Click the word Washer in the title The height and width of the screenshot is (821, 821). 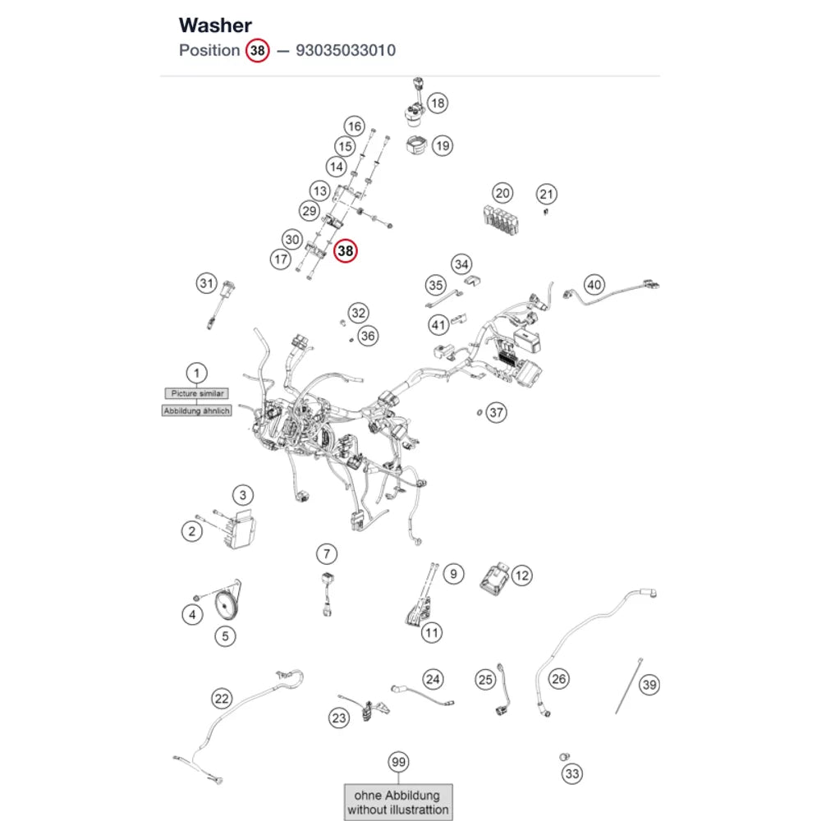click(x=215, y=25)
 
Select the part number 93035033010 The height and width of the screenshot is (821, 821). click(x=346, y=50)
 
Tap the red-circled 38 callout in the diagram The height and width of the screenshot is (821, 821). click(x=346, y=250)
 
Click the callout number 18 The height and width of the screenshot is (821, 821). click(x=438, y=103)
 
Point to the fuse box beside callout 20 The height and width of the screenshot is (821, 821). click(x=501, y=220)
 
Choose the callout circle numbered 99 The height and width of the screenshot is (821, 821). click(x=398, y=762)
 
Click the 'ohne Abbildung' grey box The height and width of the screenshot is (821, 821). click(x=398, y=802)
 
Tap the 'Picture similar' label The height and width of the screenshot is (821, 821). click(x=197, y=393)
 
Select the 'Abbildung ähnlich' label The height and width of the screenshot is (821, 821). click(x=197, y=411)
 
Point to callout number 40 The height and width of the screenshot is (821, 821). click(x=594, y=285)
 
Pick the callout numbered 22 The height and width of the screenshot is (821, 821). click(x=222, y=699)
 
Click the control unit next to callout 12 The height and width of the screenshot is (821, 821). click(x=493, y=579)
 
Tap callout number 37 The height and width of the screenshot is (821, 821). click(x=497, y=413)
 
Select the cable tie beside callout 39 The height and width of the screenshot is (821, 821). click(x=628, y=686)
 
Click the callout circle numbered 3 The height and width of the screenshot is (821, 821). click(x=243, y=495)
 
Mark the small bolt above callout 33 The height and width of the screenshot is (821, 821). click(x=564, y=757)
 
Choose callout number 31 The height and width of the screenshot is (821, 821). click(x=207, y=283)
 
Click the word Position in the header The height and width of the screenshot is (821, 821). click(x=209, y=50)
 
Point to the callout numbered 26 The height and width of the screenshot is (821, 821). click(x=558, y=679)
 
